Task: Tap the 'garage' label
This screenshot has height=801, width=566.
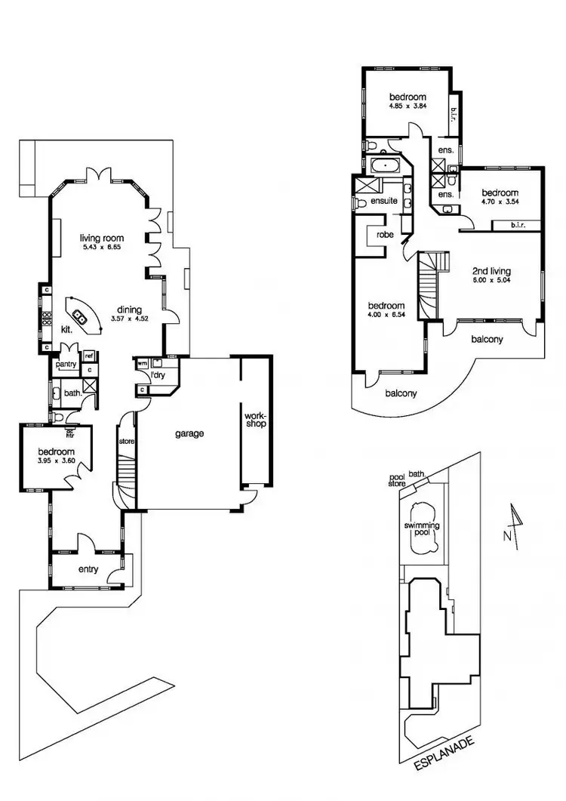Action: tap(190, 434)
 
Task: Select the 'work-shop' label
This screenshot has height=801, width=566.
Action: tap(255, 420)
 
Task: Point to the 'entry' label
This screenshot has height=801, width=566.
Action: tap(88, 569)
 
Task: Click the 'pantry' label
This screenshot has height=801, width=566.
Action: tap(66, 364)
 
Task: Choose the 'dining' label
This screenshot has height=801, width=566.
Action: tap(130, 309)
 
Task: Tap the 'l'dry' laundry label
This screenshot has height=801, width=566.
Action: tap(157, 375)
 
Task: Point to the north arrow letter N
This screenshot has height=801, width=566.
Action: tap(505, 535)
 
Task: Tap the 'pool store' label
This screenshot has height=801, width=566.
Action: tap(397, 480)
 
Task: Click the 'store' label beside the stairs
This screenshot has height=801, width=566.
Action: tap(125, 441)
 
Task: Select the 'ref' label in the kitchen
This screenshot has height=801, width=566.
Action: tap(89, 356)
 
